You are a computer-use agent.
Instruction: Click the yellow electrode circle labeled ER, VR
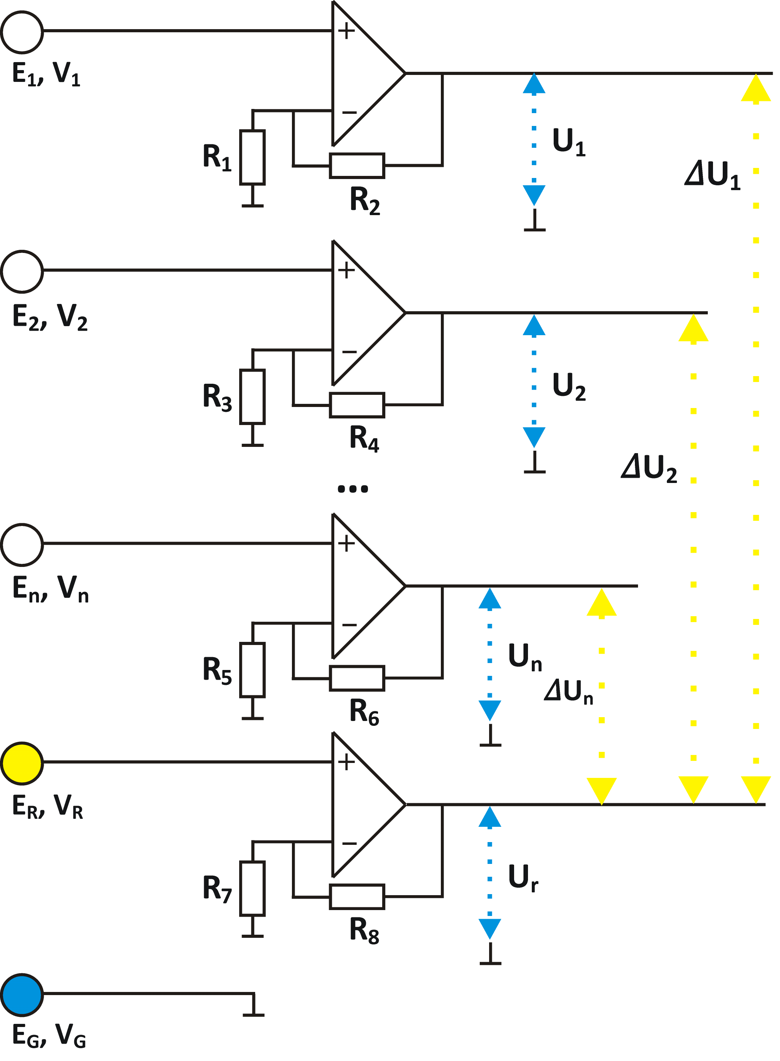[x=22, y=763]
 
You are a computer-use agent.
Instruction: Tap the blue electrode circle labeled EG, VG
[x=22, y=994]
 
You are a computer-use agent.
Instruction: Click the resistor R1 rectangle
[x=253, y=157]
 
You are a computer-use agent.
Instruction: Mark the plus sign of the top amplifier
[x=346, y=31]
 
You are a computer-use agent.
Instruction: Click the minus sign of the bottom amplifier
[x=350, y=843]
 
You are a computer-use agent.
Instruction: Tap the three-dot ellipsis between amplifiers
[x=353, y=489]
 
